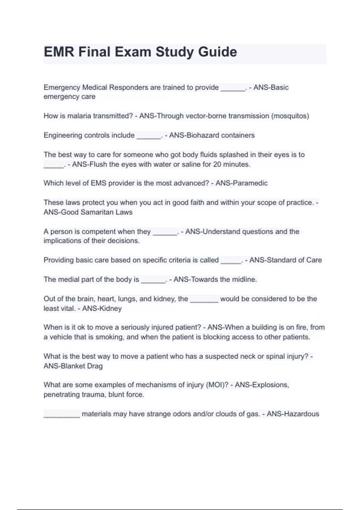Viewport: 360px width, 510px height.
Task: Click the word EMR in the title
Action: point(59,52)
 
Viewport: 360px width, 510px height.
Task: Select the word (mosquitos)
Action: point(290,116)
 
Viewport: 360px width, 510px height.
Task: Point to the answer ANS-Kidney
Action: point(102,308)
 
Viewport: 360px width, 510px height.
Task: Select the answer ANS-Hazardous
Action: point(293,414)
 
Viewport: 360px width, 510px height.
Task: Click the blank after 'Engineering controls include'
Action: point(149,137)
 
